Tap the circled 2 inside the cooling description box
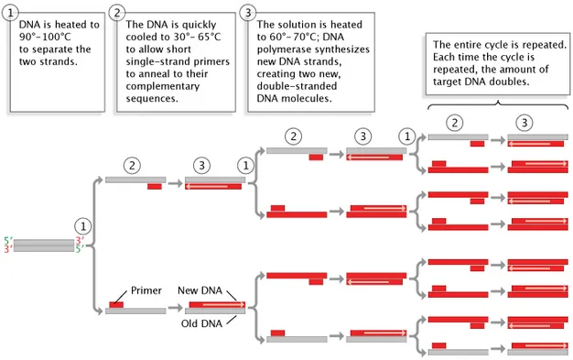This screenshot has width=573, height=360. [117, 13]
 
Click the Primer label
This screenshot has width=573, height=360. [146, 290]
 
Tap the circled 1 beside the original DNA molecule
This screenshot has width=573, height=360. [83, 224]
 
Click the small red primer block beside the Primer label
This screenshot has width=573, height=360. [117, 303]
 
